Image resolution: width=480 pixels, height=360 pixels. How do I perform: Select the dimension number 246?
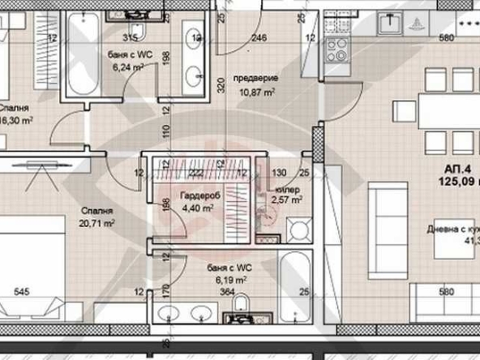pyautogui.click(x=259, y=37)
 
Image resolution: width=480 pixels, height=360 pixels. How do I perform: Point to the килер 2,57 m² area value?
pyautogui.click(x=287, y=199)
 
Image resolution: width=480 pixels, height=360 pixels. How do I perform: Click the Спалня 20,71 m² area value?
pyautogui.click(x=96, y=221)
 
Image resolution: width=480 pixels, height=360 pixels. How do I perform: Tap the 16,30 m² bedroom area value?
pyautogui.click(x=15, y=119)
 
